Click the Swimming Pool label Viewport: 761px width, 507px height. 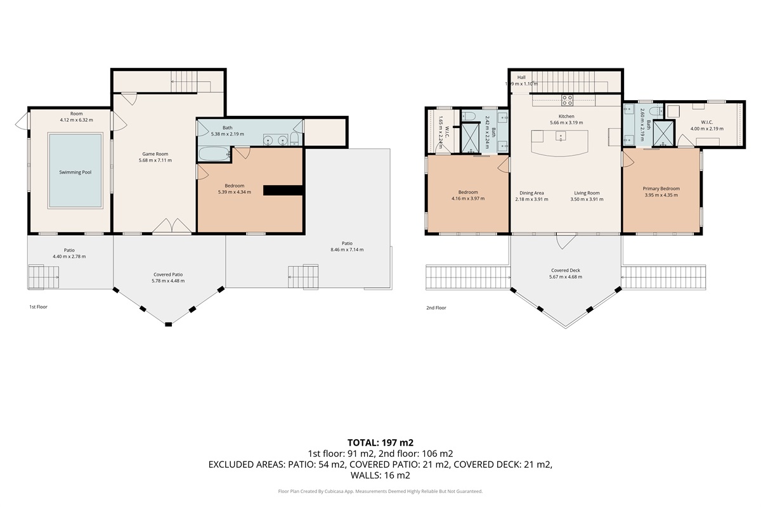coord(75,172)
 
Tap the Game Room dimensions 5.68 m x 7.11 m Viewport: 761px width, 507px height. coord(155,160)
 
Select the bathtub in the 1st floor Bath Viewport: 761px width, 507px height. coord(214,153)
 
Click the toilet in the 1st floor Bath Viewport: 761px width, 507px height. coord(294,139)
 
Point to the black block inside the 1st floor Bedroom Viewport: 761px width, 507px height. coord(283,190)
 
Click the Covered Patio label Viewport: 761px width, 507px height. coord(169,274)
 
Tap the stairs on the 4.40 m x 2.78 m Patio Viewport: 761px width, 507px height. coord(43,276)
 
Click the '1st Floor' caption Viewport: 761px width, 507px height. coord(38,307)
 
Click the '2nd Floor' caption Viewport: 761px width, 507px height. coord(436,308)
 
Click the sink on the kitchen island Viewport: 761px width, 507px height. coord(560,136)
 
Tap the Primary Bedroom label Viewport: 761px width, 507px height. coord(661,189)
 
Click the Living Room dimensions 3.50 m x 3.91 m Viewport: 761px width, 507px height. coord(587,199)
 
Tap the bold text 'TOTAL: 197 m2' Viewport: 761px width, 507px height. coord(380,442)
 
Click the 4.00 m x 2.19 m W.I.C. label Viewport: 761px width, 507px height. coord(707,122)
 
